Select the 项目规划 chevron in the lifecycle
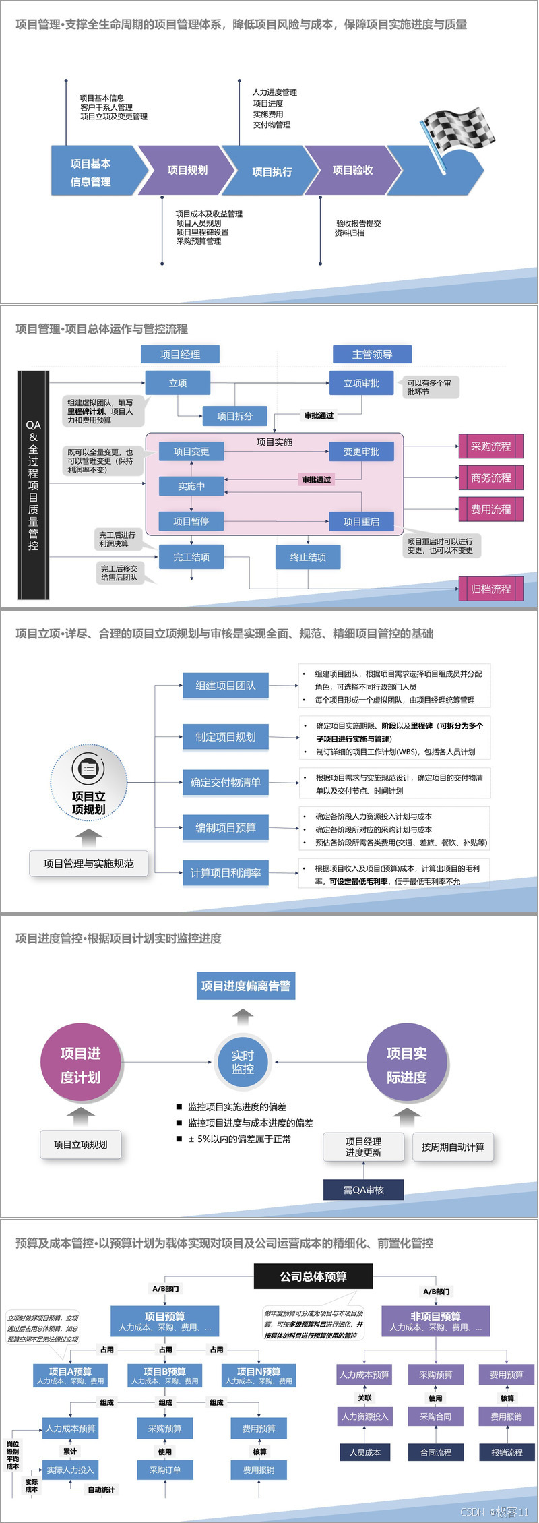[185, 171]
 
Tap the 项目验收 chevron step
[352, 171]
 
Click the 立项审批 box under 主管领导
[361, 383]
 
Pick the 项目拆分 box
[234, 416]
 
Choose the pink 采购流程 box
[490, 446]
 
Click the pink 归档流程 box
[490, 589]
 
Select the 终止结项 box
[308, 557]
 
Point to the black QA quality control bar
[33, 485]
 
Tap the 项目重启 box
[361, 521]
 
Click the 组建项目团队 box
[225, 686]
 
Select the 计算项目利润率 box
[225, 873]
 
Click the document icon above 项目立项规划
[88, 768]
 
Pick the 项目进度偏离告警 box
[245, 986]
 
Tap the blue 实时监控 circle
[243, 1062]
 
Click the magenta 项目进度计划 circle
[80, 1065]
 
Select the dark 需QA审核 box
[363, 1190]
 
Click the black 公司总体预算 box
[313, 1276]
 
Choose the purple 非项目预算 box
[435, 1321]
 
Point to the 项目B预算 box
[164, 1375]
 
